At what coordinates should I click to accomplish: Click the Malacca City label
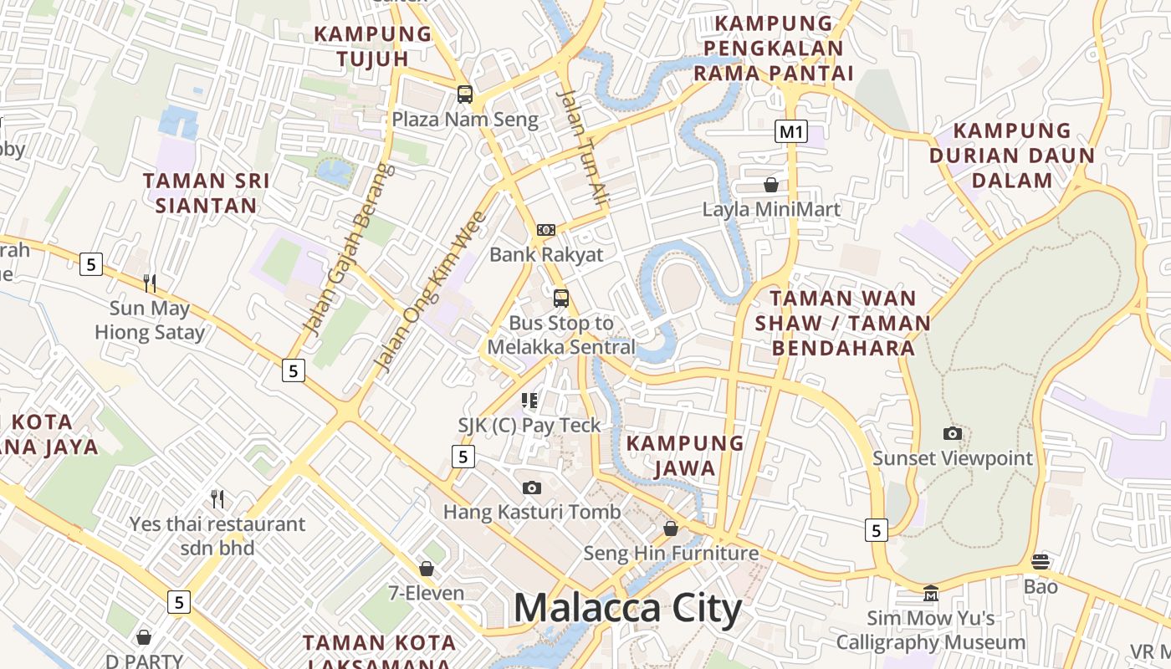pyautogui.click(x=627, y=608)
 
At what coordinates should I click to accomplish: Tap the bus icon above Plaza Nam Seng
pyautogui.click(x=465, y=94)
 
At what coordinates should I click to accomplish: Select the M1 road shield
pyautogui.click(x=791, y=131)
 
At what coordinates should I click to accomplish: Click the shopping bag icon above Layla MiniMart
pyautogui.click(x=771, y=185)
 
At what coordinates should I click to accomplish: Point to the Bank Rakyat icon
pyautogui.click(x=545, y=230)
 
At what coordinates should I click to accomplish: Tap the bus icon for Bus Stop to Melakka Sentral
pyautogui.click(x=561, y=298)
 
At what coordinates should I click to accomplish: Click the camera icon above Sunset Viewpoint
pyautogui.click(x=953, y=433)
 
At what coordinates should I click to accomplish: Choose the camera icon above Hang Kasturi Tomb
pyautogui.click(x=531, y=488)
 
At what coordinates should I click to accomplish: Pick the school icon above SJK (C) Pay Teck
pyautogui.click(x=529, y=401)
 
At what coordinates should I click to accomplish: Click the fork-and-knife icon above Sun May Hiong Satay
pyautogui.click(x=150, y=283)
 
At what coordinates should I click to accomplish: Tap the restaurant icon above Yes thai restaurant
pyautogui.click(x=218, y=499)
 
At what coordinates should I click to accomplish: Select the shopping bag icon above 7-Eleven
pyautogui.click(x=427, y=569)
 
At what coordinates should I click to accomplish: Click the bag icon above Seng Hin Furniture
pyautogui.click(x=671, y=529)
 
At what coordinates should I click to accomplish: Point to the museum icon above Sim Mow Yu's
pyautogui.click(x=930, y=593)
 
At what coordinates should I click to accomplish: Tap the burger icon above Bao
pyautogui.click(x=1041, y=561)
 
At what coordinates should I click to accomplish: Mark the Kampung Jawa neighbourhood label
pyautogui.click(x=685, y=455)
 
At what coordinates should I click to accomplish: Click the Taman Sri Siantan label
pyautogui.click(x=207, y=193)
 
